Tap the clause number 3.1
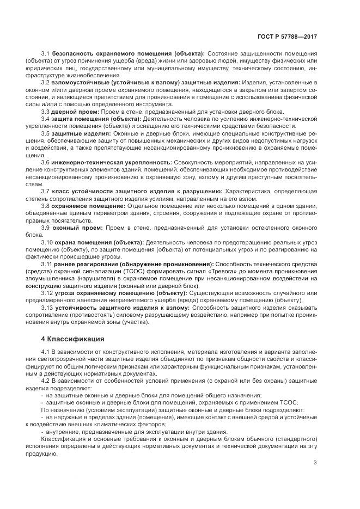pyautogui.click(x=45, y=53)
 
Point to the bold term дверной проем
pyautogui.click(x=72, y=111)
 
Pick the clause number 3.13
pyautogui.click(x=47, y=308)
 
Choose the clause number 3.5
pyautogui.click(x=45, y=133)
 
